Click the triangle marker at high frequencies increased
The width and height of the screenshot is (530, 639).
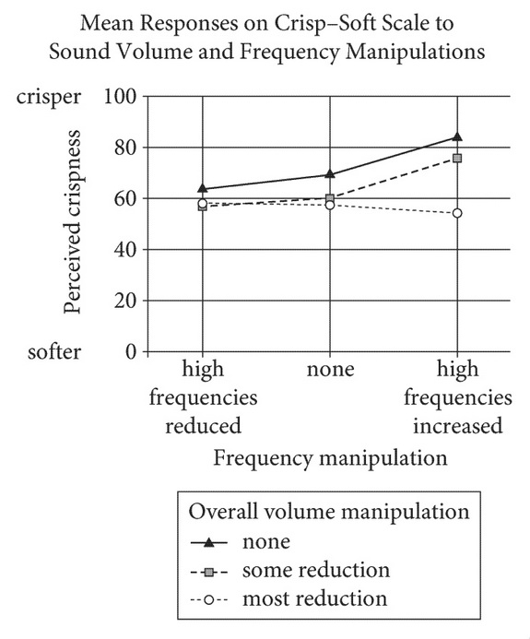click(456, 136)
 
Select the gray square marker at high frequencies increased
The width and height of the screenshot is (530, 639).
click(456, 158)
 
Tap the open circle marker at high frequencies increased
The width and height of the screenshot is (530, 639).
click(456, 213)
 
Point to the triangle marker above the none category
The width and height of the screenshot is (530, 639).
click(330, 174)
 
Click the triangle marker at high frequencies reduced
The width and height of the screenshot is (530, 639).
click(203, 188)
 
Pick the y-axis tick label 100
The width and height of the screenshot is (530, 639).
click(122, 96)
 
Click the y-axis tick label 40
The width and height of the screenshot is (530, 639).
click(127, 249)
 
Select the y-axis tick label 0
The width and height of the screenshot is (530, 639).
click(133, 351)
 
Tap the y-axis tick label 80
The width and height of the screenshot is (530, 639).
click(127, 147)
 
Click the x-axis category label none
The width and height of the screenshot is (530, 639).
click(330, 371)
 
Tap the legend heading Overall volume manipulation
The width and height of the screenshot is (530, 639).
click(329, 511)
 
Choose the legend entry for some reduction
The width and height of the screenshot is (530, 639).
click(314, 569)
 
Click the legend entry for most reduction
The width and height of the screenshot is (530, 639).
click(314, 598)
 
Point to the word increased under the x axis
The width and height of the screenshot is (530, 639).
click(458, 426)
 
